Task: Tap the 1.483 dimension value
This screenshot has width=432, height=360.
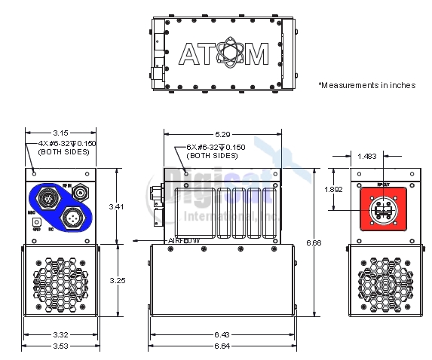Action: pos(369,156)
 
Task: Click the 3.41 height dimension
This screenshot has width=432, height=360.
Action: pos(114,206)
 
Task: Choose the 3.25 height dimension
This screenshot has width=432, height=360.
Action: pos(114,280)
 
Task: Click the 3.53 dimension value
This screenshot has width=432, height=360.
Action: pos(60,346)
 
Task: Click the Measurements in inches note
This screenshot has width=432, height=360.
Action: pos(366,85)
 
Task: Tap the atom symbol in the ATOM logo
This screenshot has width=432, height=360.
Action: pos(224,53)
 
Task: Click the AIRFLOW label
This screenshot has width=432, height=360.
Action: pos(183,241)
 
